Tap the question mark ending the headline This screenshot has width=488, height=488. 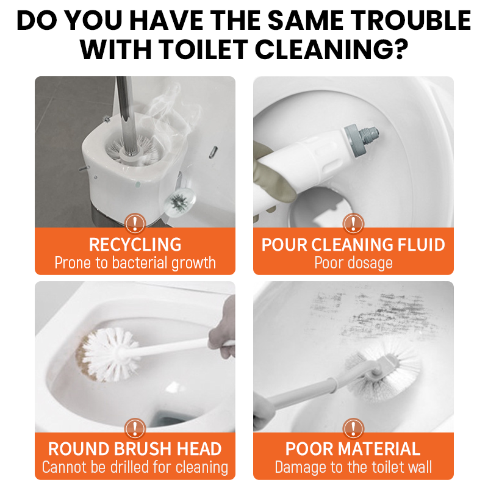(x=400, y=49)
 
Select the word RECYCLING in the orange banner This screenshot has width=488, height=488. (x=135, y=245)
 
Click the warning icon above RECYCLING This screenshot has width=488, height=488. (x=135, y=223)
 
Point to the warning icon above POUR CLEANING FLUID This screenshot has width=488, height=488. (x=353, y=223)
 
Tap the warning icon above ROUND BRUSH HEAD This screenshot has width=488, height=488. (x=135, y=429)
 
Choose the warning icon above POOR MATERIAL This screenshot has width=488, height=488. (x=353, y=429)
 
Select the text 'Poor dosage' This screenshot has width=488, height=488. (x=353, y=264)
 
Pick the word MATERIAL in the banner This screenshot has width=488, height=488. (x=379, y=449)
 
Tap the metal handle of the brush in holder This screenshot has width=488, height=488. (x=127, y=115)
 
